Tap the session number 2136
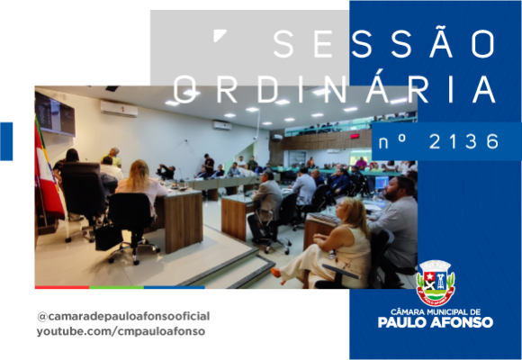coord(464,142)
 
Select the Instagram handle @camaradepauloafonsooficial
coord(123,317)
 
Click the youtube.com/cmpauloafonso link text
coord(121,331)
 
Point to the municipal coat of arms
coord(436,283)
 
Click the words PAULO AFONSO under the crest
coord(436,322)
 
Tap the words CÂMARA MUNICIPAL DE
coord(436,312)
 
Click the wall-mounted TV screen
coord(55,115)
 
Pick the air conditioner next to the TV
coord(119,109)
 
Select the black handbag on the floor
coord(108,237)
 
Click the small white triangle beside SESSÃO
coord(219,34)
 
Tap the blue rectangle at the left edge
coord(6,141)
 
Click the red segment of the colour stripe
coord(62,287)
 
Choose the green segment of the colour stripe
coord(116,287)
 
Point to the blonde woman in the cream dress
coord(333,243)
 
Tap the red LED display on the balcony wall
coord(355,136)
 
